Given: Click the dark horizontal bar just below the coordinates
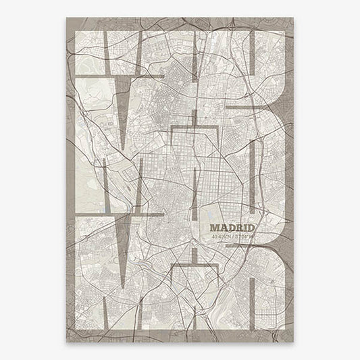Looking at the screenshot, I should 236,247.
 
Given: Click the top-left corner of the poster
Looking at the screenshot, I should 66,18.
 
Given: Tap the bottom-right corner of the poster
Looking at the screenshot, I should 293,342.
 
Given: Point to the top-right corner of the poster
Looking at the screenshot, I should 293,18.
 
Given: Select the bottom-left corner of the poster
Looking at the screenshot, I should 66,342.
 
